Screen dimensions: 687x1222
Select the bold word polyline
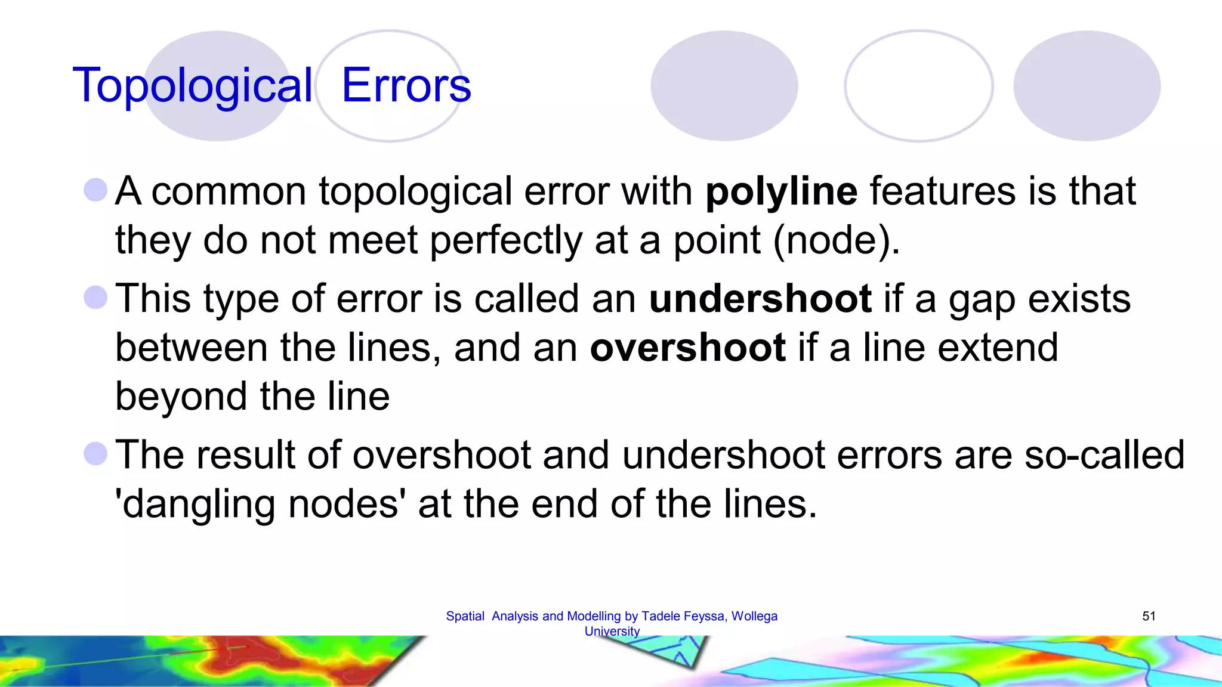pyautogui.click(x=781, y=192)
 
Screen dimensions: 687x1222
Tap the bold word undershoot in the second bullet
pyautogui.click(x=760, y=299)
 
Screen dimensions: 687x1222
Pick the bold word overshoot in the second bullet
pyautogui.click(x=687, y=348)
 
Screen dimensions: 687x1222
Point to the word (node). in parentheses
pyautogui.click(x=836, y=240)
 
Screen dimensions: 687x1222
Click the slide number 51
pyautogui.click(x=1149, y=616)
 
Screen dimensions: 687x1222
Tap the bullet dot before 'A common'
pyautogui.click(x=95, y=190)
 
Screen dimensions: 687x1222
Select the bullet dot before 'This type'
pyautogui.click(x=95, y=298)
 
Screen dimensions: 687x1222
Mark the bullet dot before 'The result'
pyautogui.click(x=95, y=454)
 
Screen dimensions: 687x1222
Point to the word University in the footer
pyautogui.click(x=612, y=631)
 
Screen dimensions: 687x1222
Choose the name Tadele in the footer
pyautogui.click(x=659, y=616)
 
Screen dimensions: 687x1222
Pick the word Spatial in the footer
pyautogui.click(x=465, y=616)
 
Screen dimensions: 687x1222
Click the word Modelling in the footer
pyautogui.click(x=594, y=616)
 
